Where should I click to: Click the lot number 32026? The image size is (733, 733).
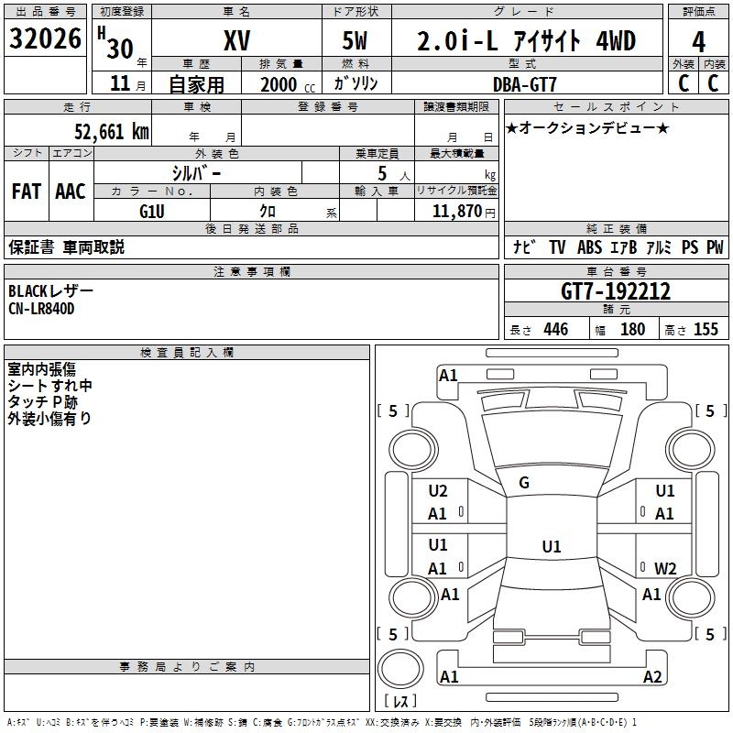tap(47, 39)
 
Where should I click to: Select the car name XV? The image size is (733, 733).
tap(236, 40)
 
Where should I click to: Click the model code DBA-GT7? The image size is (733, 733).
tap(523, 83)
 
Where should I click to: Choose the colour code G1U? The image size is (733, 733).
tap(152, 210)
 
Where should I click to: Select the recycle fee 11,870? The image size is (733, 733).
tap(456, 211)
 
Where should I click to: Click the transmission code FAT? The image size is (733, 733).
tap(27, 191)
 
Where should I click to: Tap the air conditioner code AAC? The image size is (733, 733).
tap(70, 191)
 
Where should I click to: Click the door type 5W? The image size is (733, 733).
tap(356, 40)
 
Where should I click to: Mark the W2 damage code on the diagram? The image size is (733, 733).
tap(664, 568)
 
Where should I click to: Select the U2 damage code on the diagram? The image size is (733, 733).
tap(438, 491)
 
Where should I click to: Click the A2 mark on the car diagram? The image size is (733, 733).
tap(651, 677)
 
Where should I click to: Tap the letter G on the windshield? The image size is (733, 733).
tap(524, 483)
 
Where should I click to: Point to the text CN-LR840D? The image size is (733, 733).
tap(41, 309)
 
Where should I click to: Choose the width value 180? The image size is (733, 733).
tap(632, 330)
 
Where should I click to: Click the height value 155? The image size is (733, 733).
tap(706, 330)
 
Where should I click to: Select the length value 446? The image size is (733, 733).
tap(555, 330)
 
